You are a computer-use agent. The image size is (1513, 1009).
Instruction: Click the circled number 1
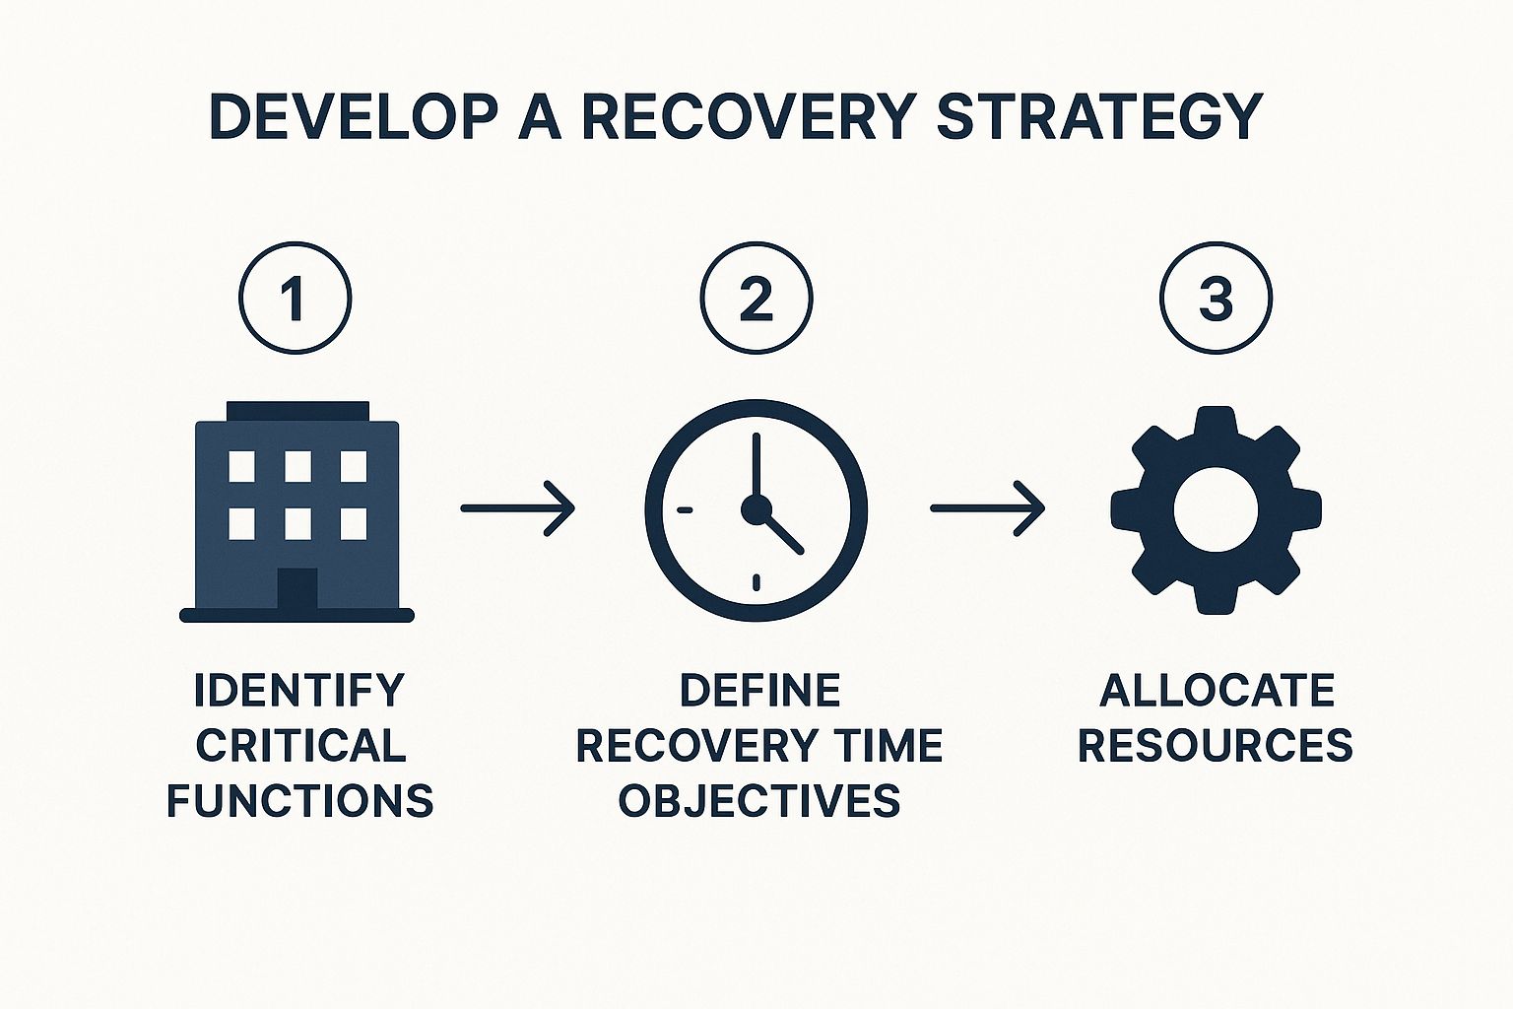[296, 298]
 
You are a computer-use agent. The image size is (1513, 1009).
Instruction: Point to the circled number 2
[756, 298]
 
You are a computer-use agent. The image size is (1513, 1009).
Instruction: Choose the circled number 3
[1216, 298]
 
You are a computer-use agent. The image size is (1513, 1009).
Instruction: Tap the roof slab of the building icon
[297, 411]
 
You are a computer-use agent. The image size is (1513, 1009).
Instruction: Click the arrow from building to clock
[517, 508]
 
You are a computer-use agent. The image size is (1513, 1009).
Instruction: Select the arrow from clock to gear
[988, 508]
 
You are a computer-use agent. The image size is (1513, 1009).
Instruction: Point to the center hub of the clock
[756, 510]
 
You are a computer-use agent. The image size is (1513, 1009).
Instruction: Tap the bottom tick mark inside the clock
[756, 582]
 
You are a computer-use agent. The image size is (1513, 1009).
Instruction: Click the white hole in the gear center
[1216, 510]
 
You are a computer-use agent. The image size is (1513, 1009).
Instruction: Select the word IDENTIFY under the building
[299, 690]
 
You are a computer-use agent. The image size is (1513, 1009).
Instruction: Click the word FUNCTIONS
[299, 800]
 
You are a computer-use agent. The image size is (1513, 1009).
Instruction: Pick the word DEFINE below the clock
[759, 690]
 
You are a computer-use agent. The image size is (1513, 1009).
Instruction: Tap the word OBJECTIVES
[759, 800]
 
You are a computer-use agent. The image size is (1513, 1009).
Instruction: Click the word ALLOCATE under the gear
[1217, 690]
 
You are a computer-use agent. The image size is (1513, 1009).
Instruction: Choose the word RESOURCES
[1216, 745]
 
